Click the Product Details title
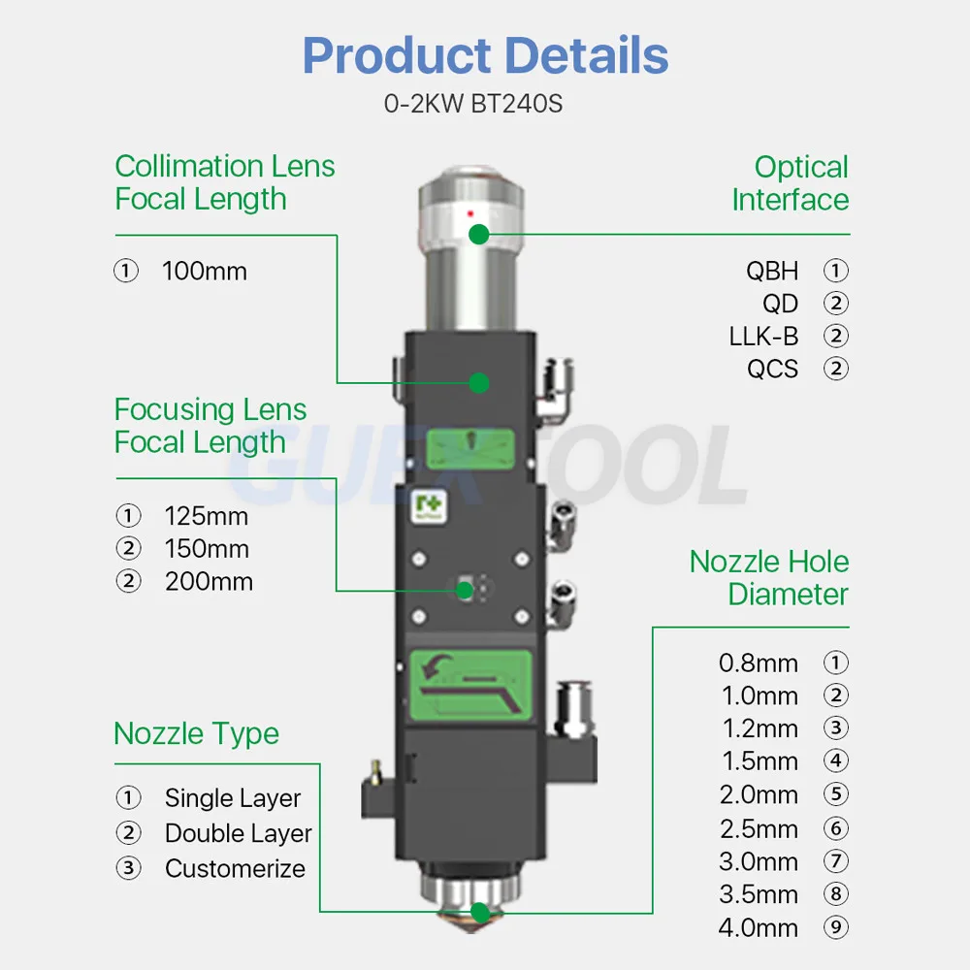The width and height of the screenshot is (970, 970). (485, 55)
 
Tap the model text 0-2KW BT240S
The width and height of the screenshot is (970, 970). (473, 104)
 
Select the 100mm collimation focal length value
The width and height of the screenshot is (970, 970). (204, 272)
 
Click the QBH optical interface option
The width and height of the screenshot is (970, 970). (772, 271)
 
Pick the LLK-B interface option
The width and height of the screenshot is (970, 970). (763, 337)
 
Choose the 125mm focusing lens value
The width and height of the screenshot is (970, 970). (206, 515)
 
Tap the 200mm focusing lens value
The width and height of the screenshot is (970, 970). (208, 582)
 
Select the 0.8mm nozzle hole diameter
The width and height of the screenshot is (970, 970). (759, 663)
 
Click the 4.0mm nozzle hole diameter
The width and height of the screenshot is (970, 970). (759, 928)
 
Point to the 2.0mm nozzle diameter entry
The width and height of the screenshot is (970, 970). (759, 795)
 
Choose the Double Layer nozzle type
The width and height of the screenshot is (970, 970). (238, 833)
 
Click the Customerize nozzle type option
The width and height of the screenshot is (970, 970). (235, 868)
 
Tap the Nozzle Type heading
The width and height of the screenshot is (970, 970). (196, 733)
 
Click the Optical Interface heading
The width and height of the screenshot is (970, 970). (791, 183)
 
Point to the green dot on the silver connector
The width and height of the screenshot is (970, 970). (478, 234)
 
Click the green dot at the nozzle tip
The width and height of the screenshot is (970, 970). (479, 912)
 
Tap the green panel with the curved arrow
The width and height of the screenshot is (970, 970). (471, 683)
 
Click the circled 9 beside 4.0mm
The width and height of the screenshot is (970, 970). (835, 928)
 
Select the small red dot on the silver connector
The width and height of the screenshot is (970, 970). (470, 211)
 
